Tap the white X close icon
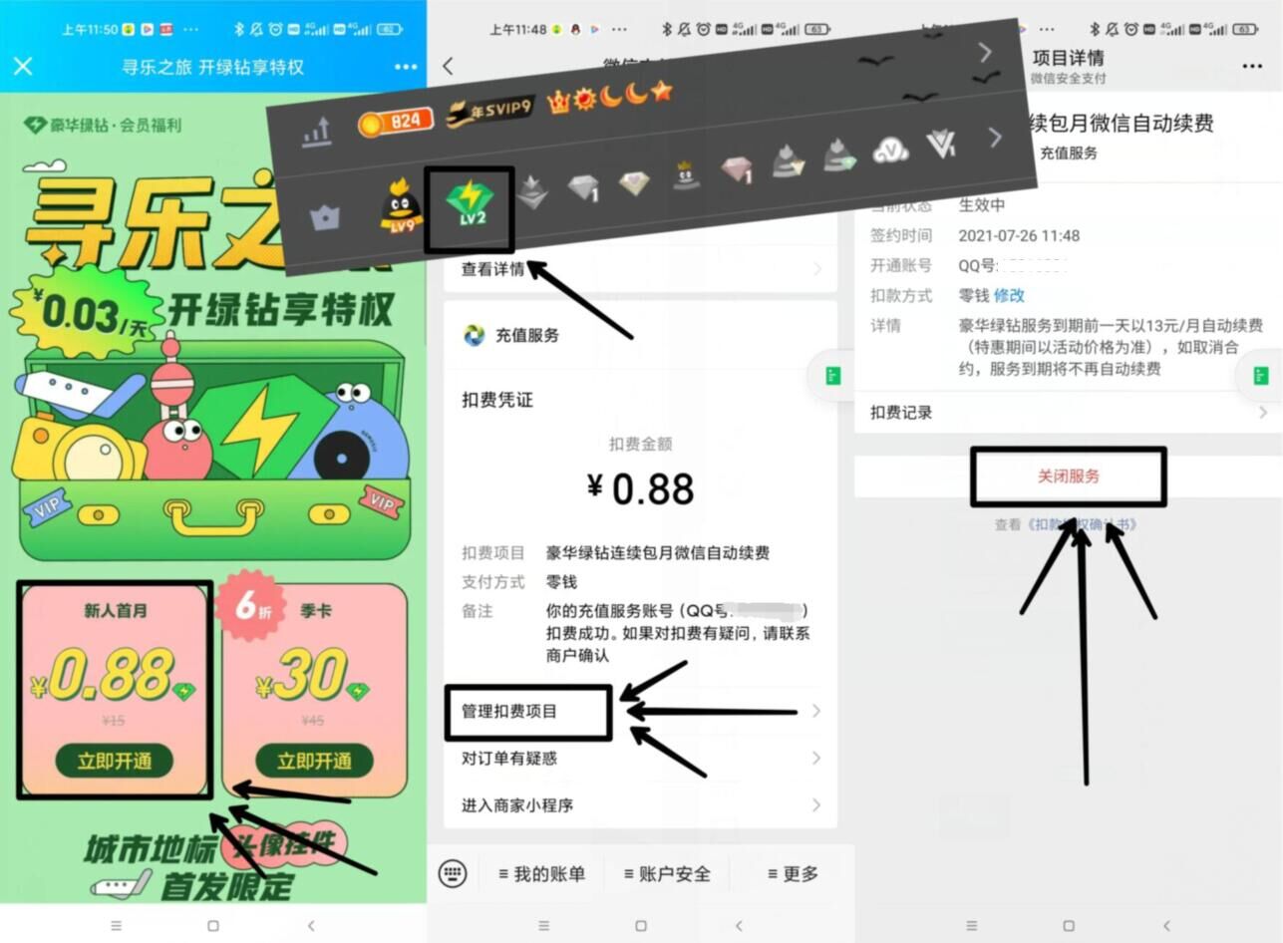point(23,67)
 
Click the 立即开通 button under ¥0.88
point(115,761)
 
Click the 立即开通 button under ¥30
point(314,761)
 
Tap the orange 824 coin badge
point(396,122)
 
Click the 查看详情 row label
point(492,269)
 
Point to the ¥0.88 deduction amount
point(640,487)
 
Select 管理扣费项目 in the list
point(509,711)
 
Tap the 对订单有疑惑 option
point(509,759)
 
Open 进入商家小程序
point(517,804)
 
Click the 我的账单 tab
point(542,874)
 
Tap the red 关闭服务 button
point(1069,476)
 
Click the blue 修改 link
point(1009,295)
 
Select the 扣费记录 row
point(902,412)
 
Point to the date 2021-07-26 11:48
point(1019,236)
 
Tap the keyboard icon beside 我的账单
point(453,874)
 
